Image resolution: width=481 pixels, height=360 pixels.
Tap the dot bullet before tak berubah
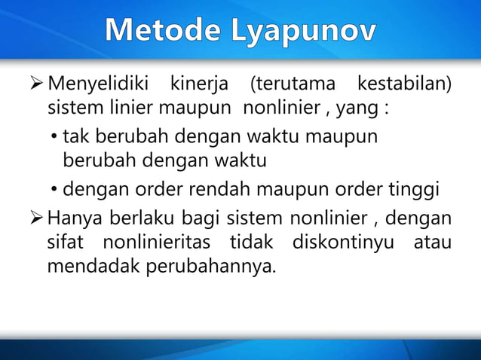55,136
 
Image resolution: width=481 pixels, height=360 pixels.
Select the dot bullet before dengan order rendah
55,189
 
